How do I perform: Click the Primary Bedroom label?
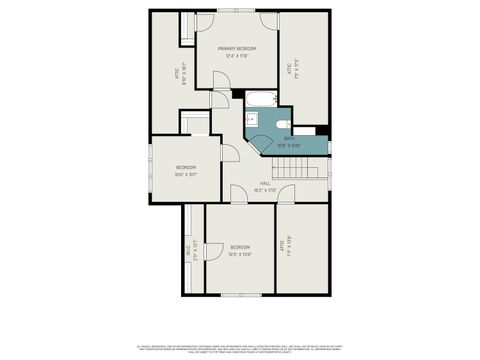[x=238, y=48]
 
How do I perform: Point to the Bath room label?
[x=288, y=139]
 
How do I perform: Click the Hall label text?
[x=266, y=183]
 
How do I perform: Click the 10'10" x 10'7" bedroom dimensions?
[x=186, y=174]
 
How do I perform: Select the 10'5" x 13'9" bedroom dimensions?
[x=240, y=254]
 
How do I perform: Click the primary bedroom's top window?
[x=238, y=11]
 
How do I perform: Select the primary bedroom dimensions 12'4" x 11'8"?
[x=238, y=55]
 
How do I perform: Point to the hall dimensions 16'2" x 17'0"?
[x=266, y=189]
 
